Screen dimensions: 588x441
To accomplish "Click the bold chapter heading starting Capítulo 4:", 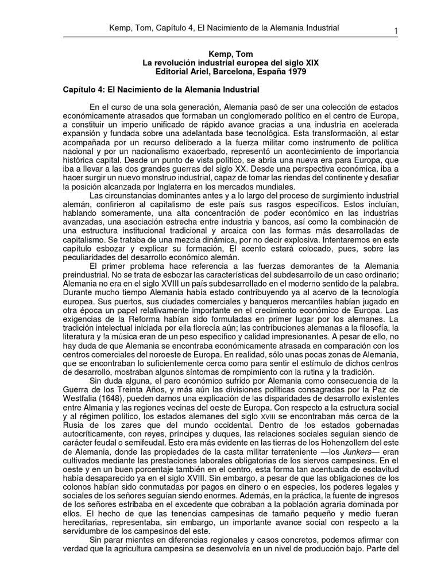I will click(161, 90).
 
